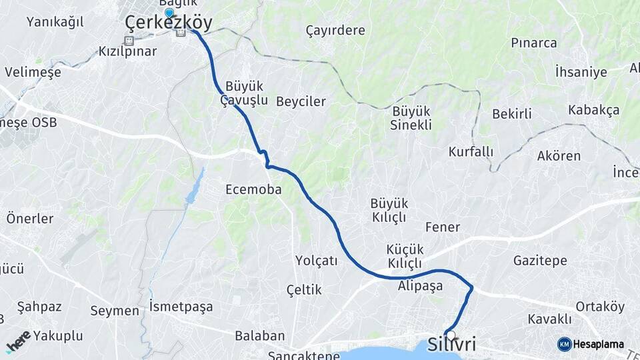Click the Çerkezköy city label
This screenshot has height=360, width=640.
(x=169, y=24)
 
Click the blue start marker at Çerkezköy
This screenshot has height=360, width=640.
(x=169, y=13)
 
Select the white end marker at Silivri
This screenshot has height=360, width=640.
(x=451, y=335)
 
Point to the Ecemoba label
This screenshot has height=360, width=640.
(x=253, y=189)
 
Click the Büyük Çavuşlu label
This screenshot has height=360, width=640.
(x=245, y=94)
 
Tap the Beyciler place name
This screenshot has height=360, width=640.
(x=301, y=101)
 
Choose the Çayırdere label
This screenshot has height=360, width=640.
(x=335, y=30)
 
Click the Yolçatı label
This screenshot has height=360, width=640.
(x=317, y=261)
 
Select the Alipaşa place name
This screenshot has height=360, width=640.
(x=420, y=286)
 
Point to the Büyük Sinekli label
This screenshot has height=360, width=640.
(x=411, y=117)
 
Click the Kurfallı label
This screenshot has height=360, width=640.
(x=471, y=151)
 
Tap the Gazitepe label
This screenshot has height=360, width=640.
(x=540, y=261)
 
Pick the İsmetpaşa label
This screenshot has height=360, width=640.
(x=181, y=307)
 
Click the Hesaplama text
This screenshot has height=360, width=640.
(x=598, y=345)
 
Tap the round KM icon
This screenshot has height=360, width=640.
(x=564, y=345)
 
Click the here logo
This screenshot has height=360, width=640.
(x=18, y=342)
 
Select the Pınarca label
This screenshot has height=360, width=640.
(x=534, y=43)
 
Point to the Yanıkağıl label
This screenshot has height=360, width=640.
(x=55, y=21)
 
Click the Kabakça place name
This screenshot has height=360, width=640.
(x=593, y=110)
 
